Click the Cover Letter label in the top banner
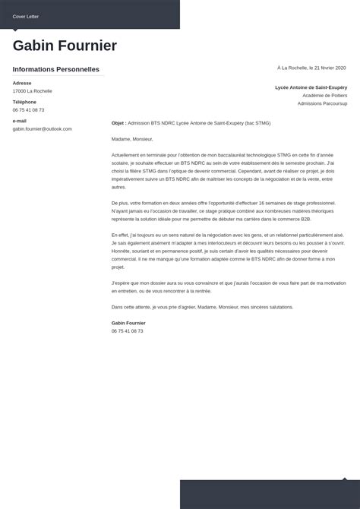click(25, 15)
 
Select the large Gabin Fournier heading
click(65, 46)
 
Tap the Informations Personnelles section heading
click(56, 69)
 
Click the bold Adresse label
click(22, 83)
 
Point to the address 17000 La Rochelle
click(33, 91)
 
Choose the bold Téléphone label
click(24, 102)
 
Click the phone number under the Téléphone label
click(29, 110)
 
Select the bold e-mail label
click(20, 121)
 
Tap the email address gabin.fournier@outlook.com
click(43, 129)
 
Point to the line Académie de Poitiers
click(325, 96)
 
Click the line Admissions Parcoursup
click(323, 103)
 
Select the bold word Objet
click(118, 123)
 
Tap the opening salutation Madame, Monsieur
click(132, 139)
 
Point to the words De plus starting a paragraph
click(120, 203)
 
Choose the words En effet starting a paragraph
click(120, 236)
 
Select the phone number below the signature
click(128, 331)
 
